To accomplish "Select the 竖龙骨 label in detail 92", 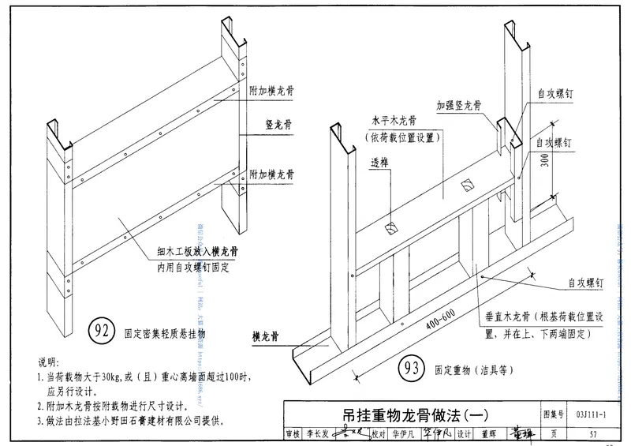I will coord(279,125).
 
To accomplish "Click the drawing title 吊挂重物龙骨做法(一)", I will coord(410,413).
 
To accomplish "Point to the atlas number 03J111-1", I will coord(591,413).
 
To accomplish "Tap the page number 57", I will coord(592,433).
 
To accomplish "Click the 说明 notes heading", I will coord(48,362).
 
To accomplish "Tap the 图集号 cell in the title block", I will coord(554,413).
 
